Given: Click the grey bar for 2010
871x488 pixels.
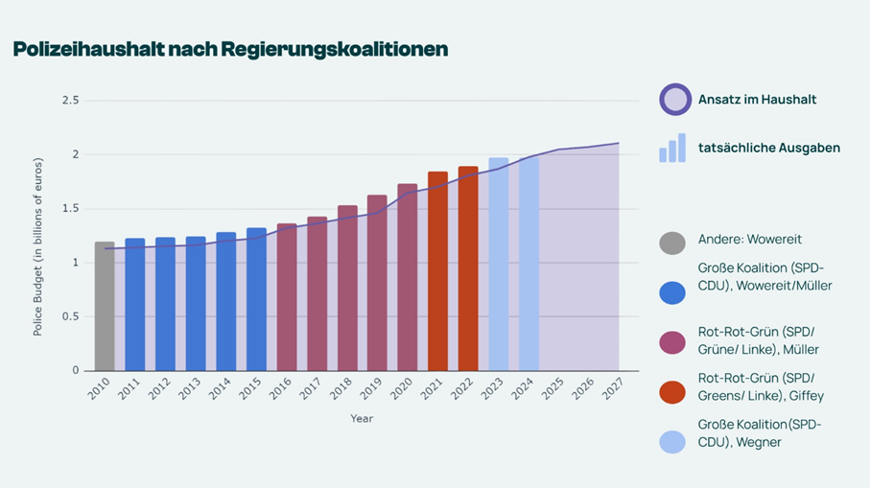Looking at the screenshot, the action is [105, 306].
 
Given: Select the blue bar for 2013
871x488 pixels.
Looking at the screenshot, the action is [196, 304].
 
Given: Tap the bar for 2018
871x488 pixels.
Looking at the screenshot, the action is [348, 289].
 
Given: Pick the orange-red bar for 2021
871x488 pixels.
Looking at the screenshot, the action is [437, 271].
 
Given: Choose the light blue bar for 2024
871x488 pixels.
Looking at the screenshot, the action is [529, 265].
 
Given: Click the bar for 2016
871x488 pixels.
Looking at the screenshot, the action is [287, 297].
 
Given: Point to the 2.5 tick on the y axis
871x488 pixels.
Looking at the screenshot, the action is [71, 101].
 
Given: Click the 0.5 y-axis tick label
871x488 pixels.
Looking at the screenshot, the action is [71, 316].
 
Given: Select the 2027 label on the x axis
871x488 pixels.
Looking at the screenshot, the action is [612, 388].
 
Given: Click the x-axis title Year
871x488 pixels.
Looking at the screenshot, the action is [362, 419].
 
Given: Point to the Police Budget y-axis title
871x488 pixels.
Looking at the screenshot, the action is [37, 247].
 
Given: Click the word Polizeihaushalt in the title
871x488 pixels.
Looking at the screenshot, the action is [89, 50].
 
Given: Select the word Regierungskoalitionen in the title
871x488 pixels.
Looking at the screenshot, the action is [335, 50].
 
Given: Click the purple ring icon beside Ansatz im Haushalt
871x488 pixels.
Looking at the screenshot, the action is [675, 100].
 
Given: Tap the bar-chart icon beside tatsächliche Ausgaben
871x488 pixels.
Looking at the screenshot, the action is [672, 148].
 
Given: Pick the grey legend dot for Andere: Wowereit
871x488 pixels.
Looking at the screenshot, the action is [672, 244].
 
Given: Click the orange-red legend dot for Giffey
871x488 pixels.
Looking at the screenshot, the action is [672, 392].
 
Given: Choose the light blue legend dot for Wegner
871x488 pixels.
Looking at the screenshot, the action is [672, 442].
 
